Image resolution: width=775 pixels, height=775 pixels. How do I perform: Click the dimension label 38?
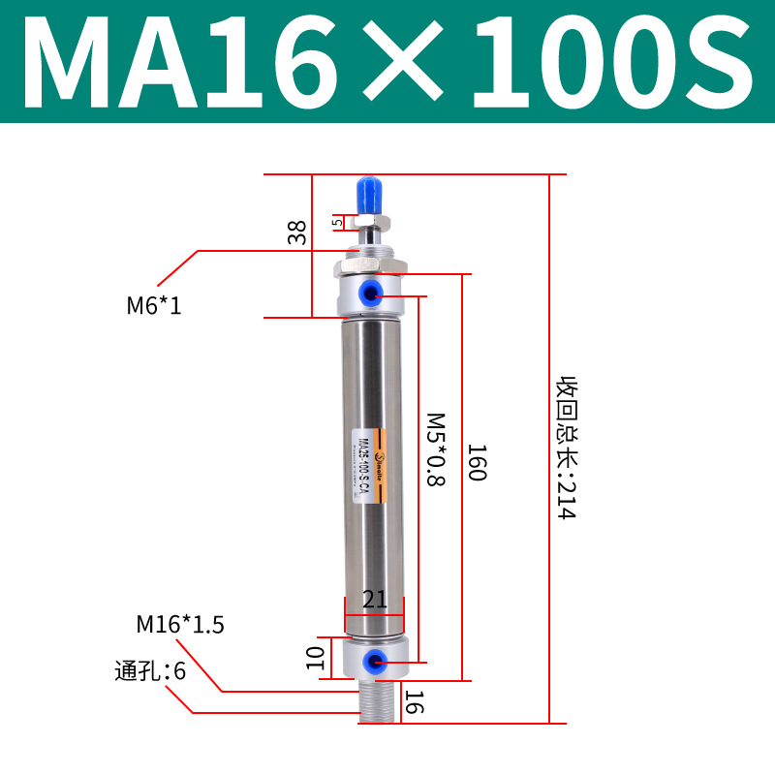(296, 232)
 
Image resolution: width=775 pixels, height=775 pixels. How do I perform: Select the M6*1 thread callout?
(154, 307)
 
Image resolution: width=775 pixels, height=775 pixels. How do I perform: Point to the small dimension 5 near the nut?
(337, 222)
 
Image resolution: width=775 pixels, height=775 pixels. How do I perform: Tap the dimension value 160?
(476, 463)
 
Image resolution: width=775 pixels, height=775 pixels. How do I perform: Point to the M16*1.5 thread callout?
(180, 625)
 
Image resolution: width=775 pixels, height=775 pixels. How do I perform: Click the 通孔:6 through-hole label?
(149, 670)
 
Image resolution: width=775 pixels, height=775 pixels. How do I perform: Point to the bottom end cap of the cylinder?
(375, 659)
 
